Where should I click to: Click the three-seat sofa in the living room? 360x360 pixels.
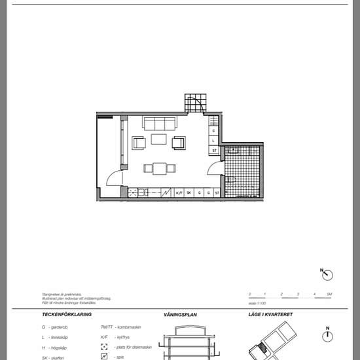[x=160, y=123]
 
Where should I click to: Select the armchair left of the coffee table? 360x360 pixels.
[x=139, y=143]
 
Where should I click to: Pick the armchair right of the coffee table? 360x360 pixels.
[x=179, y=143]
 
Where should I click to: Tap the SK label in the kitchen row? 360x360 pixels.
[x=189, y=193]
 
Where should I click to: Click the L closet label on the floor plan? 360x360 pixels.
[x=214, y=141]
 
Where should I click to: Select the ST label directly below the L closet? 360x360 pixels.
[x=214, y=151]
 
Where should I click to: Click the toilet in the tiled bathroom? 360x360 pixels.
[x=231, y=179]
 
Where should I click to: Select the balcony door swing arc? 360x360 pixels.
[x=114, y=178]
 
